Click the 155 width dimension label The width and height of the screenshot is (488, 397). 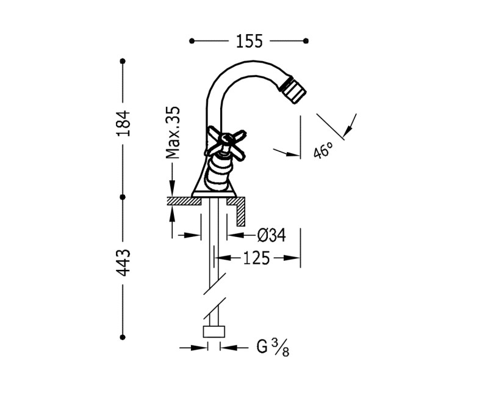249,41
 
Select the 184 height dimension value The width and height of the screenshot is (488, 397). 123,124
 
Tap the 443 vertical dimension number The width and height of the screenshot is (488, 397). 123,262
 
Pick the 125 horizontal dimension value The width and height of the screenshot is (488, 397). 256,258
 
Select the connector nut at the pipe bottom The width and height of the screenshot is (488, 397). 213,332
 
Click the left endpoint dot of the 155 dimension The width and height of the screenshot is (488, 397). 192,41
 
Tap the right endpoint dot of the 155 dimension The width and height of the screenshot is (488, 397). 306,41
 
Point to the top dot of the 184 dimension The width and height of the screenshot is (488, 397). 123,61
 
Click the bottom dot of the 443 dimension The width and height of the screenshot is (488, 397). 123,337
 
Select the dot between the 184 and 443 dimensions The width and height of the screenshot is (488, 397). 123,197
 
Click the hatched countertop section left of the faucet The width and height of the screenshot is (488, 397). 180,200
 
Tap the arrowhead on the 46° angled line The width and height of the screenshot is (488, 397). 347,131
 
